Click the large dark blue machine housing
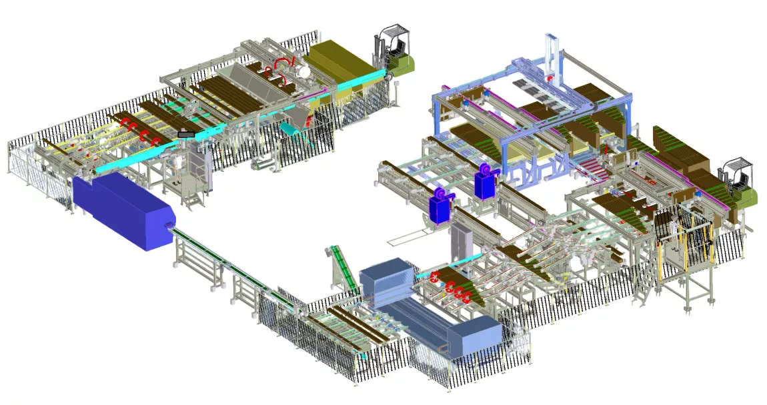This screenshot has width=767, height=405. click(123, 210)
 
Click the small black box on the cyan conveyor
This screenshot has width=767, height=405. click(186, 135)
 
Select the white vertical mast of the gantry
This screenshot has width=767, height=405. click(553, 57)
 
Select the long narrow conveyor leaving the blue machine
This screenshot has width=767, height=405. click(233, 266)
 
